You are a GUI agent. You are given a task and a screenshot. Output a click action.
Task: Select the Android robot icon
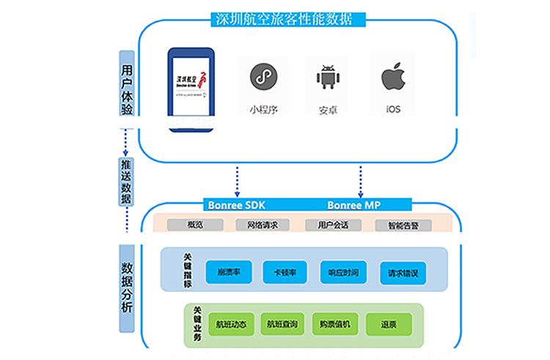click(327, 76)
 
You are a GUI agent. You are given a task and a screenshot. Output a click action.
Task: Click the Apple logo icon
click(394, 76)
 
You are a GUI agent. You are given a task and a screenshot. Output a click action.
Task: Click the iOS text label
click(394, 111)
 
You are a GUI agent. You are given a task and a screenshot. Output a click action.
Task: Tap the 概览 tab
click(195, 225)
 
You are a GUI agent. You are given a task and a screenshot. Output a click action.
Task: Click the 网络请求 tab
click(263, 225)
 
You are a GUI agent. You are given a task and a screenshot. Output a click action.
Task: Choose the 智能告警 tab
click(402, 225)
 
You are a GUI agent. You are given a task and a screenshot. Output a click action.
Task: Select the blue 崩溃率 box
click(228, 273)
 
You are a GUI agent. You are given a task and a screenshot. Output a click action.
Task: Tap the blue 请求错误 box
click(403, 273)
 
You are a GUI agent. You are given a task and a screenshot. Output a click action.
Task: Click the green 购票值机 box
click(334, 324)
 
